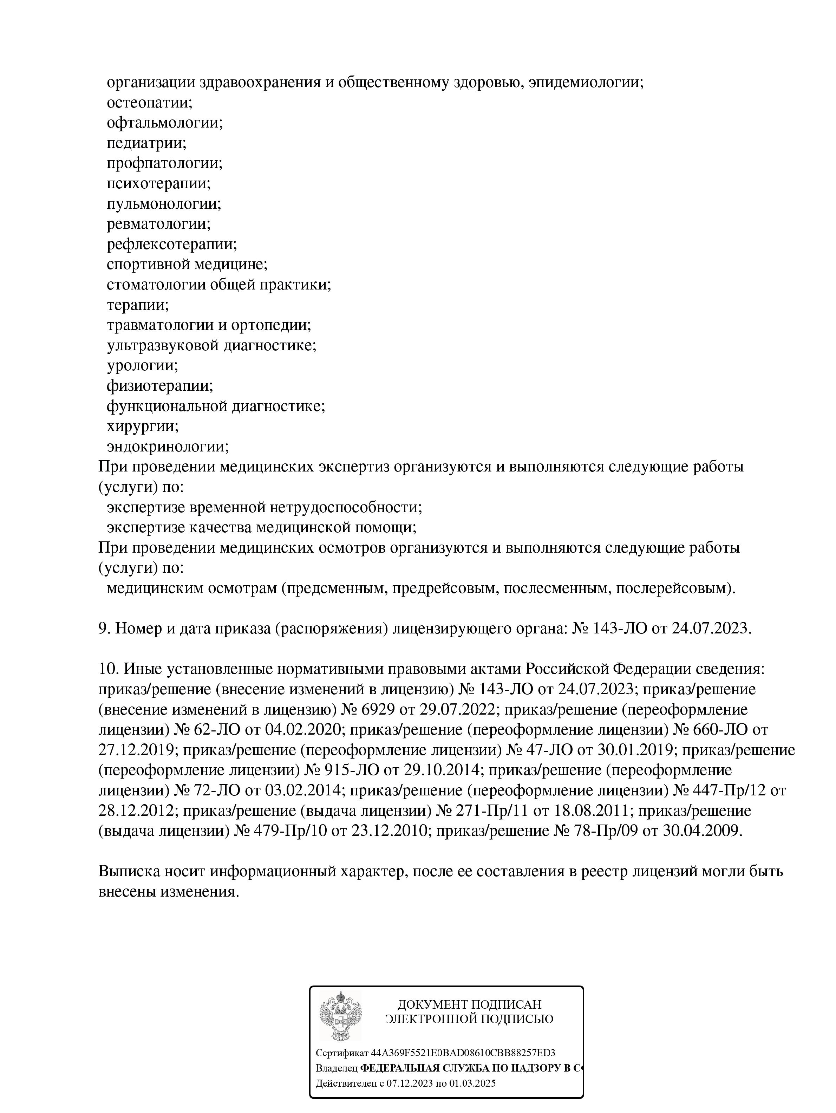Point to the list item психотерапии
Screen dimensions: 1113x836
pyautogui.click(x=158, y=183)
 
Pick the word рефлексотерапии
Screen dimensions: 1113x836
pyautogui.click(x=171, y=245)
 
